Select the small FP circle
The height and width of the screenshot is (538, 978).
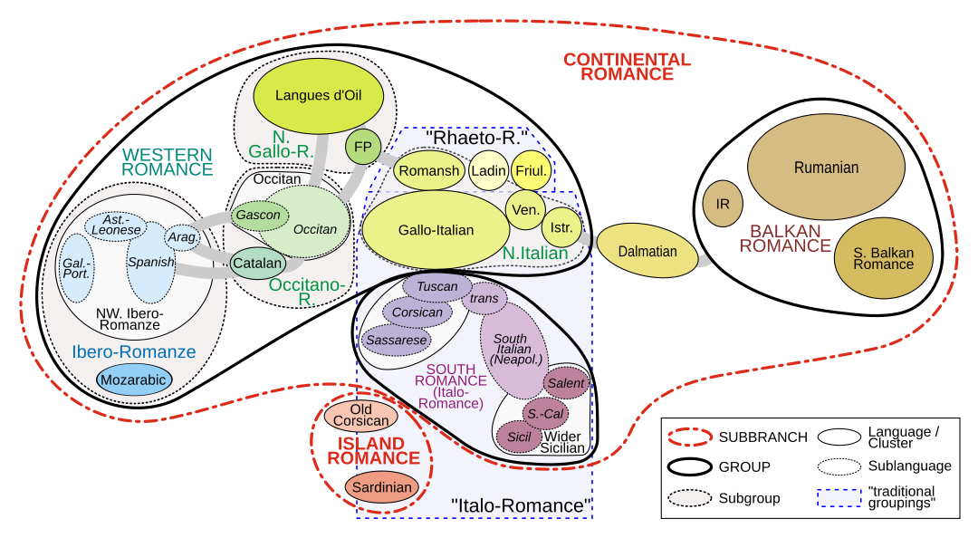[362, 147]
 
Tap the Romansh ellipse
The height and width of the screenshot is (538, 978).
[429, 170]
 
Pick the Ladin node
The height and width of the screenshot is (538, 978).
[488, 170]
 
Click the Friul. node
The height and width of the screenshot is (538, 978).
[531, 170]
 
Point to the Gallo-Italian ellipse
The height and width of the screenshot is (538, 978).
[436, 230]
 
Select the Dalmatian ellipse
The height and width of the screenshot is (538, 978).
[647, 251]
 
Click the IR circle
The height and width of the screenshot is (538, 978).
[723, 204]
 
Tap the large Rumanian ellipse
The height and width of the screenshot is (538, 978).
[826, 168]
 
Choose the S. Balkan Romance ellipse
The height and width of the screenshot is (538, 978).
[883, 258]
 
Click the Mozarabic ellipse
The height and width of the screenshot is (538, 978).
[134, 379]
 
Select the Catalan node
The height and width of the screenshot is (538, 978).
[257, 264]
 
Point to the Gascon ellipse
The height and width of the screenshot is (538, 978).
[258, 216]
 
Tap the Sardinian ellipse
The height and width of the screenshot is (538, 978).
[382, 487]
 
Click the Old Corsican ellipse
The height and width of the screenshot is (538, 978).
[360, 416]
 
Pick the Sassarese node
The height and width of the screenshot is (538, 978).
[396, 340]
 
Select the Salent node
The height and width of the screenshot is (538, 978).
[566, 383]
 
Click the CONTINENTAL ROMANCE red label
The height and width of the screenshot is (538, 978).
[627, 67]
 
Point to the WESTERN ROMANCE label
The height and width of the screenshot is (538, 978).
[168, 161]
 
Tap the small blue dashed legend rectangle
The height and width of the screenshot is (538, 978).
[839, 497]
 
